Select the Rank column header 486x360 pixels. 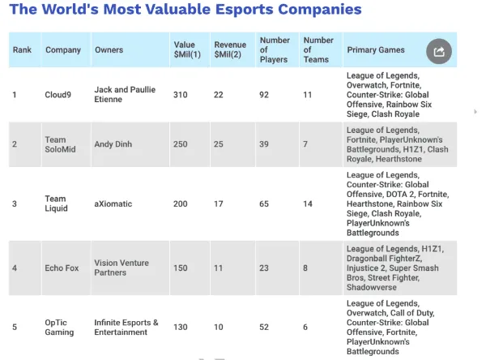22,50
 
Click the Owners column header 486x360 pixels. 109,50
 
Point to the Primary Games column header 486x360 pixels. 376,50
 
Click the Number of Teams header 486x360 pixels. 318,49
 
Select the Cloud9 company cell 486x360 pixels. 58,94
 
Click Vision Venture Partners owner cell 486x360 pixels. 122,268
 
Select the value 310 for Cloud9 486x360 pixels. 180,94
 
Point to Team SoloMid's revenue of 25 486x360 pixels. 219,144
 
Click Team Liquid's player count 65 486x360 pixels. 265,204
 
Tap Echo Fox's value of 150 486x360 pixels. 180,268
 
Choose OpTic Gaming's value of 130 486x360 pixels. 180,327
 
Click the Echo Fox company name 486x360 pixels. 62,268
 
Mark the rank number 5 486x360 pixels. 15,327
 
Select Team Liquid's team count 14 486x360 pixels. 309,204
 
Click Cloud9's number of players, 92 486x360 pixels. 265,94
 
